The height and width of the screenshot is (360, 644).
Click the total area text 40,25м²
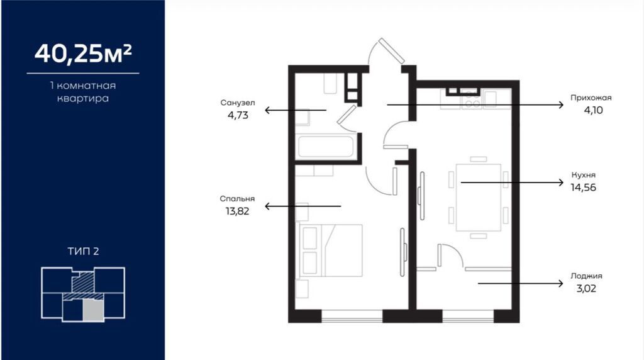click(x=83, y=54)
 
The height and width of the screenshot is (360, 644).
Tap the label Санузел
click(x=237, y=103)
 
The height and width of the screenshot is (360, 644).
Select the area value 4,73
click(x=238, y=115)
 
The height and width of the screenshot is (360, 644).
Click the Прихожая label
click(x=591, y=98)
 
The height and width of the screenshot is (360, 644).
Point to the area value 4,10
click(x=594, y=110)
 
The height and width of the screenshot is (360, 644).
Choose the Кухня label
click(x=583, y=175)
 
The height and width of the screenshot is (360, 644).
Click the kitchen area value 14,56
click(x=583, y=188)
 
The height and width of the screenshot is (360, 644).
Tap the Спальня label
click(x=237, y=198)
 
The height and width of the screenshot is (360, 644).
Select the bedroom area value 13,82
click(x=237, y=211)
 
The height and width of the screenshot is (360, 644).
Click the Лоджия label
click(x=586, y=276)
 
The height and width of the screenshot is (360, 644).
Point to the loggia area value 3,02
click(x=586, y=288)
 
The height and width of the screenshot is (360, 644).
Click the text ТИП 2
click(x=84, y=251)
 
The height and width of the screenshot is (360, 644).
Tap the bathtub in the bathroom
click(x=326, y=146)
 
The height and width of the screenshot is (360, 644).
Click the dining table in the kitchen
click(x=478, y=197)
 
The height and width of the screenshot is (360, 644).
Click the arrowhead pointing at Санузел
click(x=267, y=110)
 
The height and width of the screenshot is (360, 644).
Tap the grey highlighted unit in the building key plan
click(x=93, y=310)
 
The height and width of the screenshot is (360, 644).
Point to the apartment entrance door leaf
click(x=391, y=50)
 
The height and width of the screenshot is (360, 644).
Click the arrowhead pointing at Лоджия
click(x=561, y=283)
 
